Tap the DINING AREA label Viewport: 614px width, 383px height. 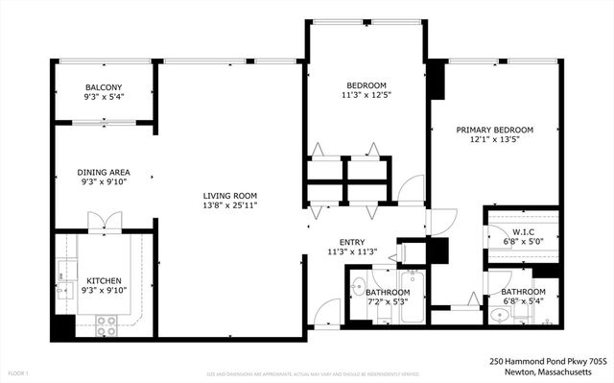click(x=104, y=173)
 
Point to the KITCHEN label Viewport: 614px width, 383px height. click(x=104, y=281)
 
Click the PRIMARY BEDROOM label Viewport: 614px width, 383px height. click(x=494, y=130)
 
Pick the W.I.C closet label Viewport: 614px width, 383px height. click(x=523, y=231)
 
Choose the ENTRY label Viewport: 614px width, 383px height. click(x=352, y=242)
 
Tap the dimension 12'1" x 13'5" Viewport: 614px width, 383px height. click(x=494, y=140)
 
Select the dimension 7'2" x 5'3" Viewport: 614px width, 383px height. click(x=388, y=302)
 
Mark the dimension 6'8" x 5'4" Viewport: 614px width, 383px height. click(x=523, y=302)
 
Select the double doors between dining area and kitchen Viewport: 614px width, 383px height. click(x=103, y=224)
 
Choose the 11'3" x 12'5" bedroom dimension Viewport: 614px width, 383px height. click(x=366, y=95)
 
